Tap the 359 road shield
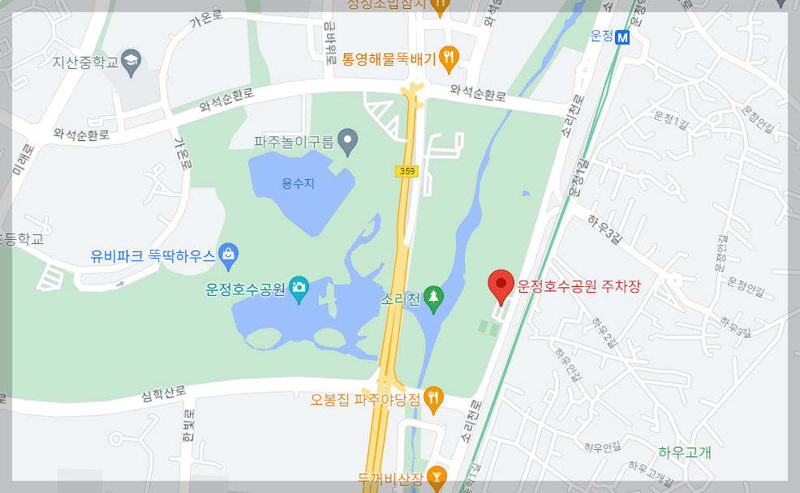pos(406,171)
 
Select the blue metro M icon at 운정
pos(623,36)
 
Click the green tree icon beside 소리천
pos(434,298)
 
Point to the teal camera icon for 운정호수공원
pos(299,289)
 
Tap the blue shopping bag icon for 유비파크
pos(229,256)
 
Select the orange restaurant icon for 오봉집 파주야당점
pos(434,397)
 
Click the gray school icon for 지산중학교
pos(131,60)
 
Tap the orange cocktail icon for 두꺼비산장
pos(437,476)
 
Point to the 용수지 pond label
pos(298,184)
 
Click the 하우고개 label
pos(685,452)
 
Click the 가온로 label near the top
pos(205,19)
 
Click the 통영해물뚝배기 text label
pos(389,58)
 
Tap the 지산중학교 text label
pos(85,61)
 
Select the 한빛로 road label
pos(188,427)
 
